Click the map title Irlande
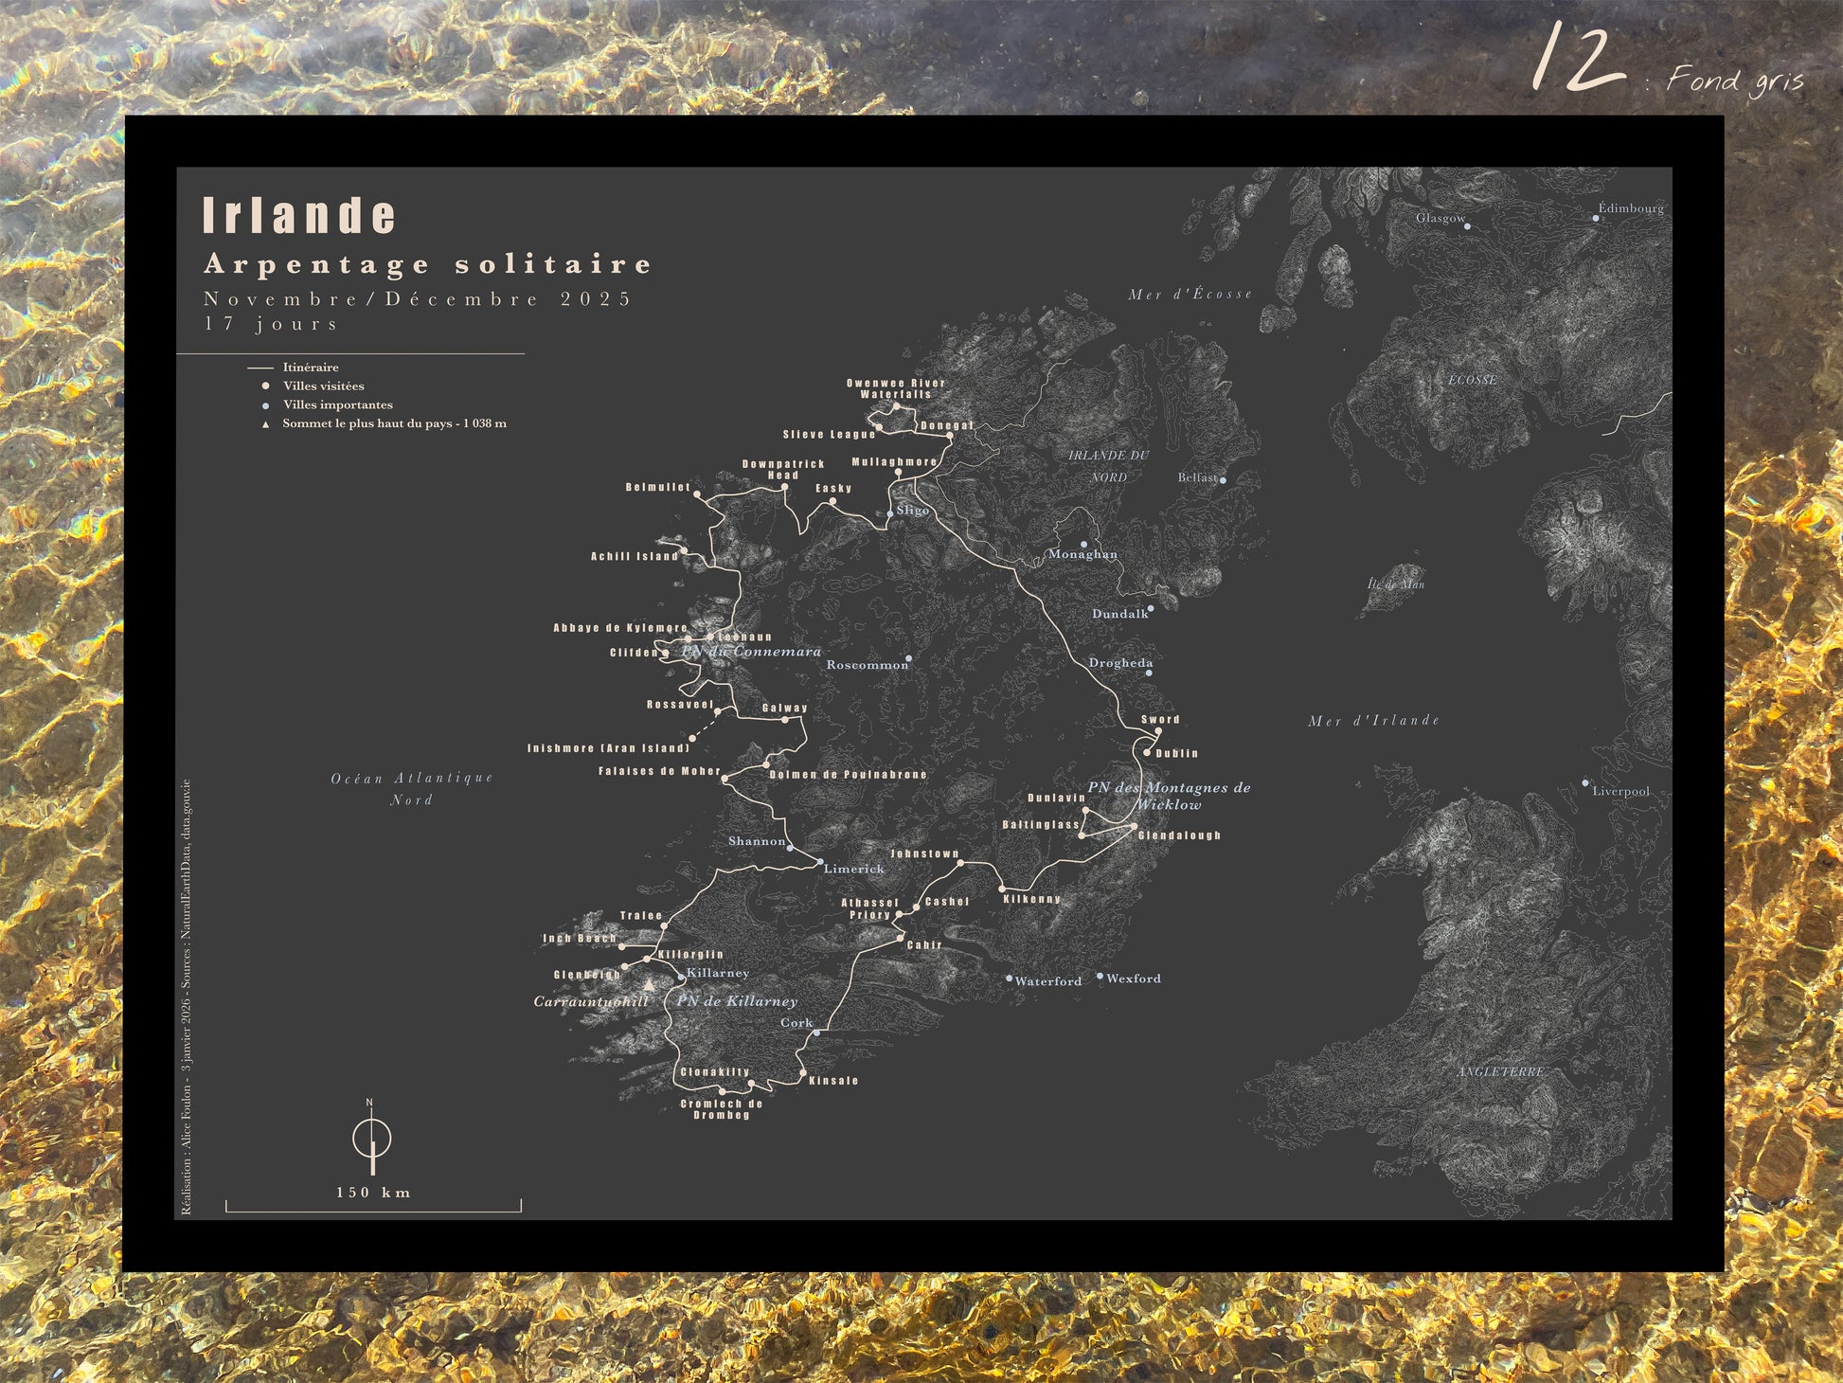299,216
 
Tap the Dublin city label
1177,754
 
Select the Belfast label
1197,478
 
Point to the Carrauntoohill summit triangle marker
649,986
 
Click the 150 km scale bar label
373,1193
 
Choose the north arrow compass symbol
372,1138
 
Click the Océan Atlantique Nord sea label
412,788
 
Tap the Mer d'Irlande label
1373,721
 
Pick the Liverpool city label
1620,792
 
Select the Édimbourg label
1631,208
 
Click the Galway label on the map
785,709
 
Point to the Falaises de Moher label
659,772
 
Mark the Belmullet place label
658,488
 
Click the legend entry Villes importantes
337,405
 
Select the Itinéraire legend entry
310,368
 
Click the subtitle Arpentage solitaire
428,264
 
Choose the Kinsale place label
833,1081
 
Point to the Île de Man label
1396,584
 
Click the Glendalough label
1179,835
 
